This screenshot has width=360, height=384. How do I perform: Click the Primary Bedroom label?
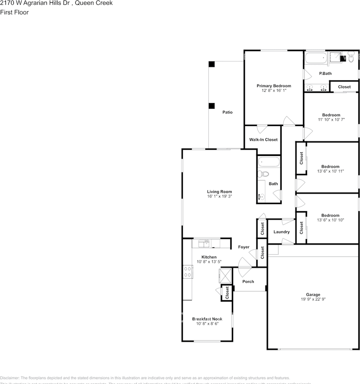click(x=274, y=86)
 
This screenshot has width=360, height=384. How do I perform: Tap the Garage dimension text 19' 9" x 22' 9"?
click(x=313, y=299)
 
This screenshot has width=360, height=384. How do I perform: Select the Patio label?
click(x=227, y=112)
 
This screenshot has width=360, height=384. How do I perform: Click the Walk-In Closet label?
click(x=263, y=140)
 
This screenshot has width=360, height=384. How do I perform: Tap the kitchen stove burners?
click(x=187, y=272)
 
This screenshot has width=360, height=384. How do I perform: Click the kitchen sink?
click(x=205, y=242)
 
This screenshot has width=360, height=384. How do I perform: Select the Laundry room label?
click(x=281, y=232)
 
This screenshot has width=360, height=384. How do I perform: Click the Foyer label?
click(x=244, y=247)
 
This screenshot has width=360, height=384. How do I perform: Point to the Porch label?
click(x=248, y=282)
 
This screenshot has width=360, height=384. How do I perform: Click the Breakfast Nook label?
click(x=207, y=319)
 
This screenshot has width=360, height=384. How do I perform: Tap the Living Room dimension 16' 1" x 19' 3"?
click(x=220, y=196)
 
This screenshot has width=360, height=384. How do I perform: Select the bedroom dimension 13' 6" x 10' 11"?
click(x=330, y=171)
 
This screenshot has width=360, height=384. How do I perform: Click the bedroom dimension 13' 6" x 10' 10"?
click(x=330, y=220)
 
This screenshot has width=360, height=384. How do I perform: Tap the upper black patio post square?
click(x=212, y=64)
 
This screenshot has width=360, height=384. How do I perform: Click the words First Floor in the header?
click(x=14, y=12)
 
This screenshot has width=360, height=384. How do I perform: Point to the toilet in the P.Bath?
click(x=351, y=58)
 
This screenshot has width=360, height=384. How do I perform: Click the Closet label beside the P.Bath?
click(x=344, y=87)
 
